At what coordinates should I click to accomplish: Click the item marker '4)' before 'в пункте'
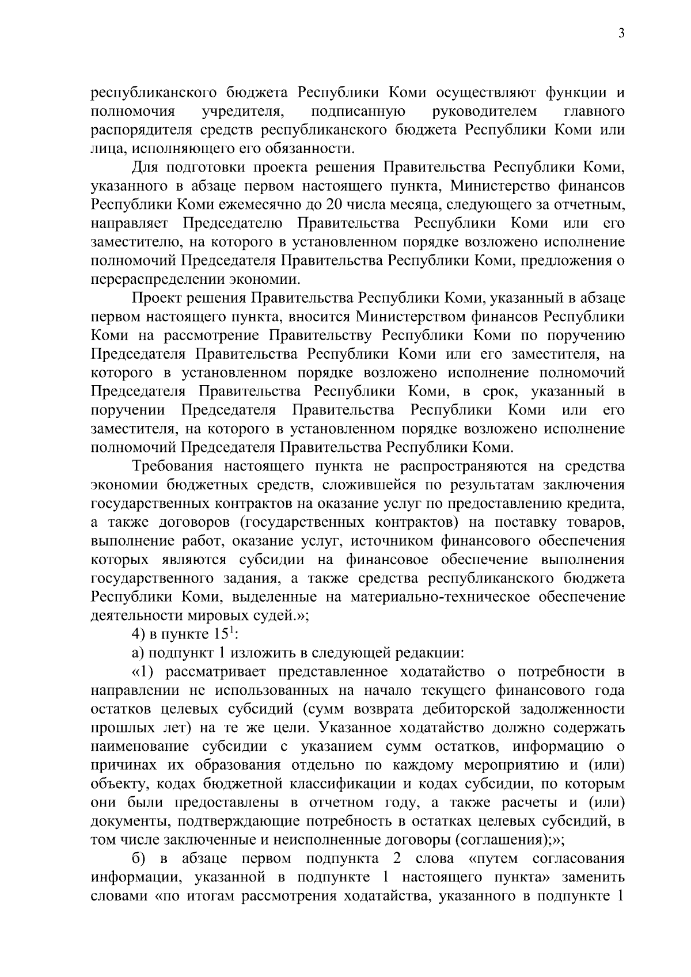pyautogui.click(x=139, y=635)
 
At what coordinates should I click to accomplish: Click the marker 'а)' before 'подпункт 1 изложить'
pyautogui.click(x=139, y=653)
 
